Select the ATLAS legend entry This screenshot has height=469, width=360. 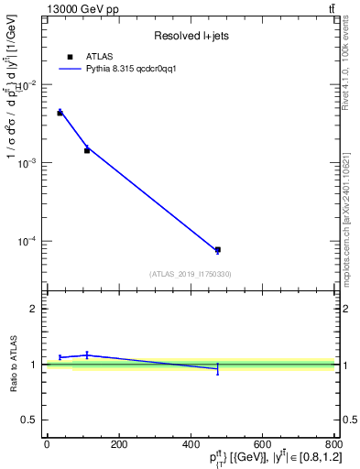[98, 57]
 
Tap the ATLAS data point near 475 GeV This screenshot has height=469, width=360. [217, 249]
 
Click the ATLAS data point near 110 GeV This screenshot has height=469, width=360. [87, 149]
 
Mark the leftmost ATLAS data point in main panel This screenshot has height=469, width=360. [60, 113]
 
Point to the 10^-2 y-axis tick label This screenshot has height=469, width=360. [27, 84]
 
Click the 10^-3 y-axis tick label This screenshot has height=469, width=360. [27, 163]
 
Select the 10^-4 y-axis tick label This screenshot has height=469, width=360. [27, 242]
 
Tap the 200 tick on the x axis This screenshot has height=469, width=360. [118, 444]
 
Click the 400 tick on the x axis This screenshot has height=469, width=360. [191, 444]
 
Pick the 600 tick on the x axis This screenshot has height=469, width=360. [262, 444]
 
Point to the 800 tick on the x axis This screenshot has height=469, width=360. [333, 444]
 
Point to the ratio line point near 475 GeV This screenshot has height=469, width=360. [217, 368]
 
